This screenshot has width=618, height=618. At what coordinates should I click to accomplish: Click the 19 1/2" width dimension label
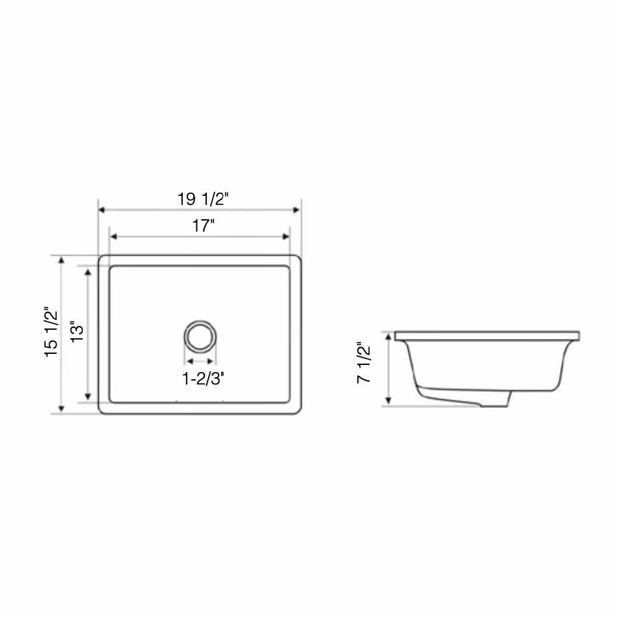pos(202,198)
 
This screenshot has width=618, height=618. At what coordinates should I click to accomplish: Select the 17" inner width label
pos(203,226)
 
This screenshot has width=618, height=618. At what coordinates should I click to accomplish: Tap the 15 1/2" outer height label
pos(51,332)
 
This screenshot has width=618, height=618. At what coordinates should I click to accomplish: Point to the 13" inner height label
pos(77,334)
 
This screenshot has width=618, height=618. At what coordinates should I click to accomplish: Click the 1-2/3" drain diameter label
pos(203,379)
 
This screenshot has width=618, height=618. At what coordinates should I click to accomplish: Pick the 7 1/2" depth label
pos(364,362)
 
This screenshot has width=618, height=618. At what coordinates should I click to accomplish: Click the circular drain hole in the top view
pos(200,337)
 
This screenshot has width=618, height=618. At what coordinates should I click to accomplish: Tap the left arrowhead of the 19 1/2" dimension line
pos(101,209)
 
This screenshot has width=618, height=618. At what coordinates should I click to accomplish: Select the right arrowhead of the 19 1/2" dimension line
pos(297,209)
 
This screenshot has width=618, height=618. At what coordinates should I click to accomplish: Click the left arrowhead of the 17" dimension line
pos(113,237)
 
